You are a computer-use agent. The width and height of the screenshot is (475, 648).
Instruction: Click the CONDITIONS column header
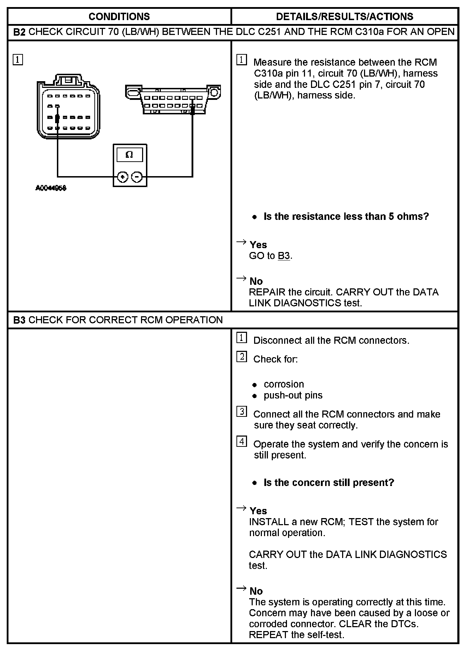click(119, 17)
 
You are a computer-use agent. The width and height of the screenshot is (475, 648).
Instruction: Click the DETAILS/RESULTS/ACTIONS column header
click(345, 17)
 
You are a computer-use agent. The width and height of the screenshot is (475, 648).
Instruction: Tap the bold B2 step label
click(19, 32)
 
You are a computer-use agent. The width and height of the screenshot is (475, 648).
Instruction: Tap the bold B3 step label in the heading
click(19, 320)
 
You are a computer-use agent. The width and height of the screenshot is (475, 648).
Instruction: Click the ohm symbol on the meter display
click(129, 155)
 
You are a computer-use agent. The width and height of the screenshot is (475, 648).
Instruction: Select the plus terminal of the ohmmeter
click(122, 177)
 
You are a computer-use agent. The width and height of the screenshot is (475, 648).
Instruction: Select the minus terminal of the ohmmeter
click(137, 177)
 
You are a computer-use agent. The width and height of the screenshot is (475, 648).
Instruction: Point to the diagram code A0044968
click(51, 188)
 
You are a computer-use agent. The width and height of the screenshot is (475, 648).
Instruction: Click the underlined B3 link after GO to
click(284, 256)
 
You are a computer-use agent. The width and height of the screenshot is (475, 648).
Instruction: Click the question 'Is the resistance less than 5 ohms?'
click(346, 216)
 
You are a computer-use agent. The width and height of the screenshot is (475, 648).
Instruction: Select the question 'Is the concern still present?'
click(329, 482)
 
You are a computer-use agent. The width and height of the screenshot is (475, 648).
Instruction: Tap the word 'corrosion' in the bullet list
click(284, 384)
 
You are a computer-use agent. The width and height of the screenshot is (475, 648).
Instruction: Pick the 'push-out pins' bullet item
click(293, 395)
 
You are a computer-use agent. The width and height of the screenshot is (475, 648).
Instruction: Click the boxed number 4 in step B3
click(242, 442)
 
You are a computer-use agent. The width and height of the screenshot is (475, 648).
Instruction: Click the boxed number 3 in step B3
click(242, 412)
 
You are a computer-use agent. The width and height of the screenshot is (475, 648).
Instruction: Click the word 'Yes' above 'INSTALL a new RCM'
click(258, 511)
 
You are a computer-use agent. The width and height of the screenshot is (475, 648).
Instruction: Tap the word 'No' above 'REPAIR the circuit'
click(256, 281)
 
